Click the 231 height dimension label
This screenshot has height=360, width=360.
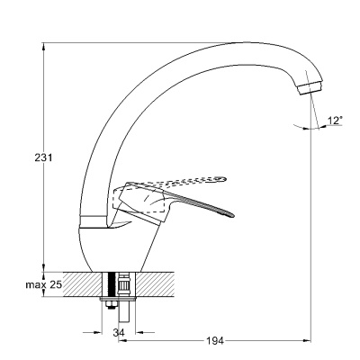pyautogui.click(x=43, y=157)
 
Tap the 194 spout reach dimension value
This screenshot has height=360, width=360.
pyautogui.click(x=215, y=341)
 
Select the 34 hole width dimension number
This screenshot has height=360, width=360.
pyautogui.click(x=119, y=332)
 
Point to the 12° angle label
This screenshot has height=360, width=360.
pyautogui.click(x=335, y=121)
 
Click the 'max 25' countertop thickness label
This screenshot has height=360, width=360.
pyautogui.click(x=44, y=284)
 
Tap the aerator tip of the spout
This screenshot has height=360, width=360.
pyautogui.click(x=310, y=87)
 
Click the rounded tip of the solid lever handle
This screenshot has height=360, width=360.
pyautogui.click(x=230, y=214)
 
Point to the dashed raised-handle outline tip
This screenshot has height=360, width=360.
pyautogui.click(x=220, y=179)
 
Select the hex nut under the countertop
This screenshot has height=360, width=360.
pyautogui.click(x=110, y=305)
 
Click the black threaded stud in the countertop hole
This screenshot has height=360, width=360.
pyautogui.click(x=112, y=285)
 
